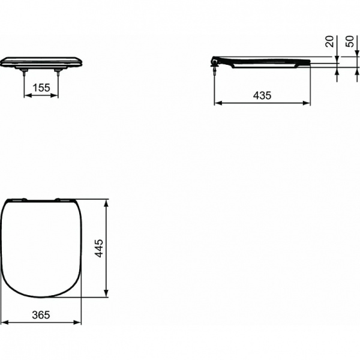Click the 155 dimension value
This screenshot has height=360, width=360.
(41, 88)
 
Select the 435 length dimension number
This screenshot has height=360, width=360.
(262, 95)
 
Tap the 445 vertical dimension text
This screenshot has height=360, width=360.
(100, 248)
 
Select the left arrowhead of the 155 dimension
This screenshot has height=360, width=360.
(26, 95)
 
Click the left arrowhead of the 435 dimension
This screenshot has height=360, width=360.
(218, 103)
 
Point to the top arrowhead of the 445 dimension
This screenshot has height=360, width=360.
(107, 202)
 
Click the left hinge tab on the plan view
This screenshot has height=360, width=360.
(20, 199)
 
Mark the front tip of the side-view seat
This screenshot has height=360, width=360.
(309, 62)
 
